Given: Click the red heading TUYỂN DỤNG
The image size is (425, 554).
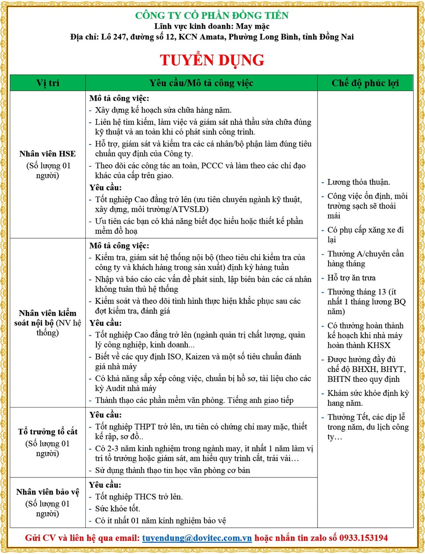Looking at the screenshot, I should pyautogui.click(x=212, y=60).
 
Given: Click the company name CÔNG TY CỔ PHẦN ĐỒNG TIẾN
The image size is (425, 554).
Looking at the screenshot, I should pyautogui.click(x=212, y=16).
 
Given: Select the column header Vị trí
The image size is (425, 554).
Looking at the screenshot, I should pyautogui.click(x=48, y=83).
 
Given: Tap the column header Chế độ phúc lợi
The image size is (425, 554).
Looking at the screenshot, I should pyautogui.click(x=365, y=83).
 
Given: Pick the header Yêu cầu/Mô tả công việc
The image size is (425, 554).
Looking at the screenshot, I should pyautogui.click(x=201, y=83).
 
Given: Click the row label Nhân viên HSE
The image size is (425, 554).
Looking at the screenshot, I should pyautogui.click(x=47, y=154).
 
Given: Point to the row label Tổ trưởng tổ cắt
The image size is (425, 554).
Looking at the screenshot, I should pyautogui.click(x=47, y=432).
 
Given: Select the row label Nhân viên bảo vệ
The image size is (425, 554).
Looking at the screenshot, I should pyautogui.click(x=47, y=492).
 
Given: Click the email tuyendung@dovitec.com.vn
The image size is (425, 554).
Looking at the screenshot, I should pyautogui.click(x=197, y=538).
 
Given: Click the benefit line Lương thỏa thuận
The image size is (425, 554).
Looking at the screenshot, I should pyautogui.click(x=358, y=182).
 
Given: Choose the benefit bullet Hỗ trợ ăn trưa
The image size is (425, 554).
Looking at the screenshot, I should pyautogui.click(x=351, y=278).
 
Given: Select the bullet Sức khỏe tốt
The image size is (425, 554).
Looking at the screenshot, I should pyautogui.click(x=117, y=509).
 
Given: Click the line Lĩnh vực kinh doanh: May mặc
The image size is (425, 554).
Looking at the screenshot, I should pyautogui.click(x=212, y=26).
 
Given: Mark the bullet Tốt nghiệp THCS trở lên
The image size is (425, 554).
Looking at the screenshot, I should pyautogui.click(x=139, y=497).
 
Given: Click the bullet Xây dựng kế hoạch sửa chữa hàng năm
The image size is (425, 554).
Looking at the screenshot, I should pyautogui.click(x=163, y=110).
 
